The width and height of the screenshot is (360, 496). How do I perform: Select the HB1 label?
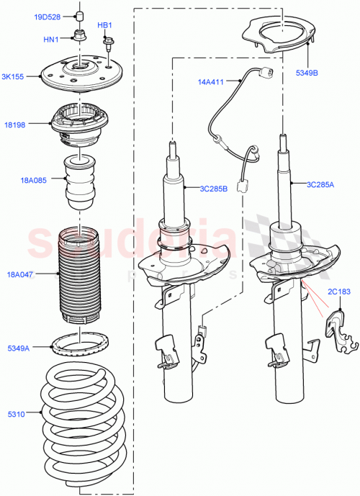[105, 25]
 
